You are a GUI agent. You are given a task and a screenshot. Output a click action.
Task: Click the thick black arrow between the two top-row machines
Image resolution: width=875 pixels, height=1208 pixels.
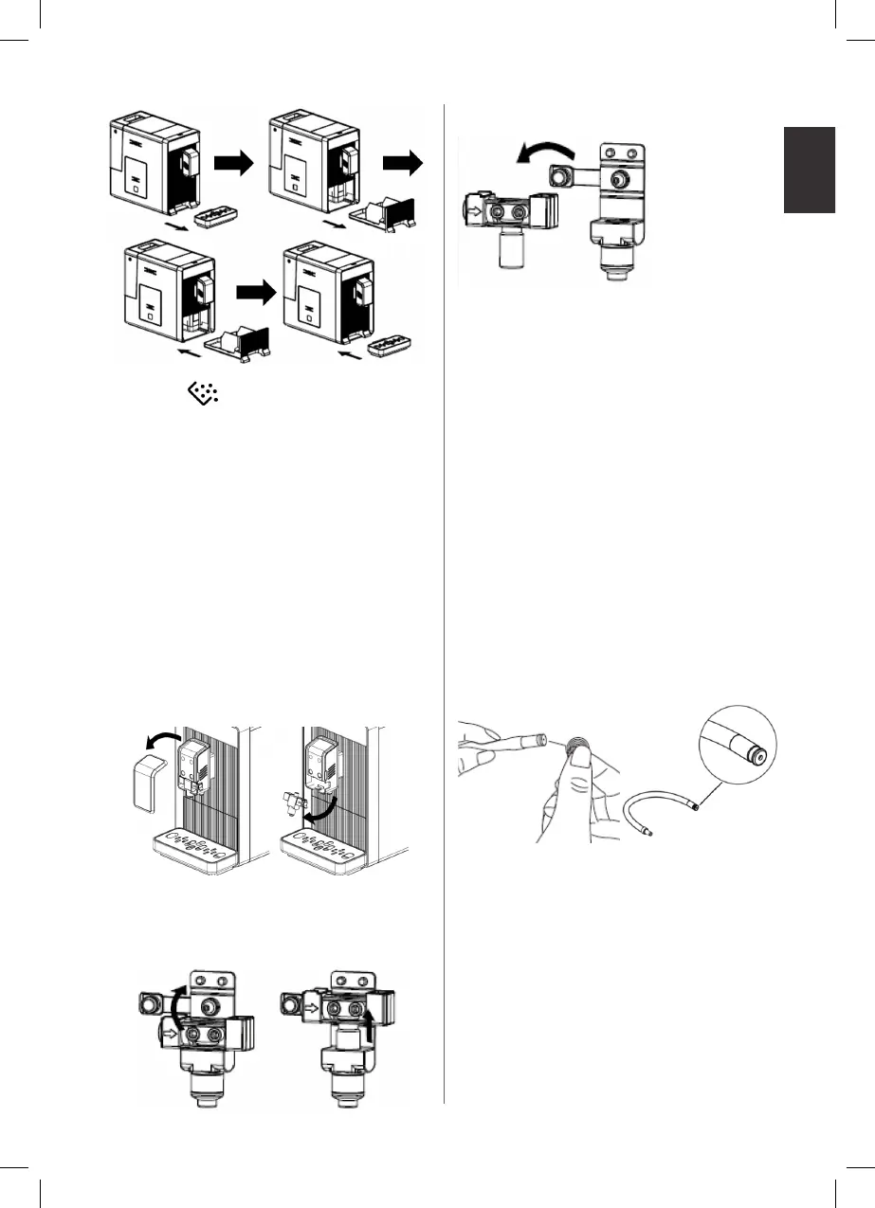(234, 164)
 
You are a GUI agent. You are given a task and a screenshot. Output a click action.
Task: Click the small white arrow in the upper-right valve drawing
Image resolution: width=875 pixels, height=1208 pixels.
(475, 200)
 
